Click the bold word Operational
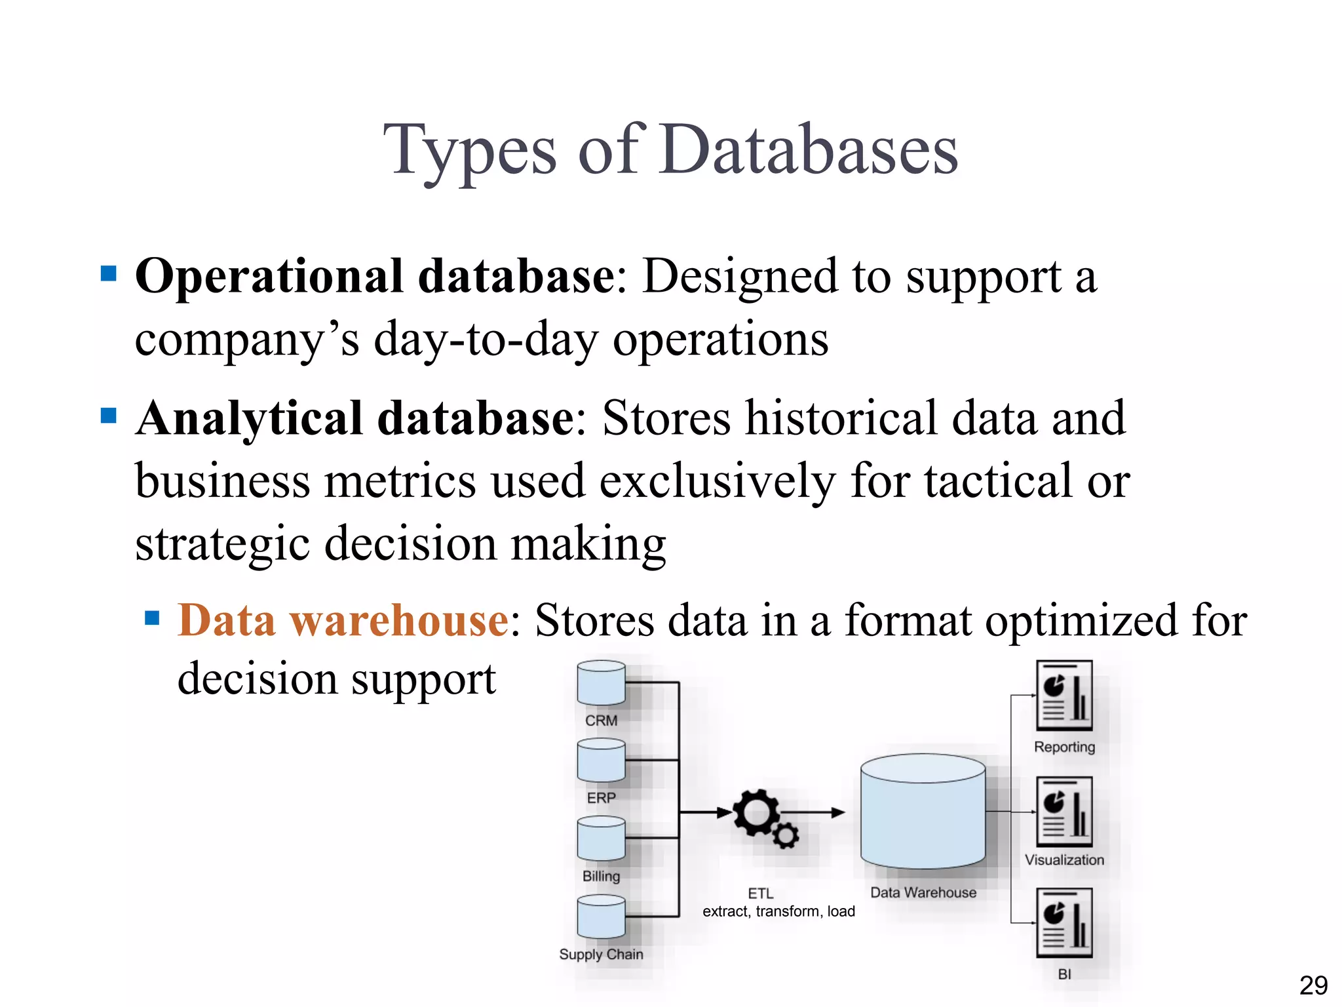tap(269, 277)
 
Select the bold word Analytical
tap(250, 418)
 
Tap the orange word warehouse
tap(399, 620)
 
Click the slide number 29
tap(1313, 985)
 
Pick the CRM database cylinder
tap(601, 683)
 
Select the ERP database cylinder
tap(601, 760)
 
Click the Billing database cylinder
tap(601, 839)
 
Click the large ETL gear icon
tap(756, 813)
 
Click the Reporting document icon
tap(1064, 696)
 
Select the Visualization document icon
tap(1064, 812)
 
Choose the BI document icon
tap(1064, 923)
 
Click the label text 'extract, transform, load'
tap(778, 911)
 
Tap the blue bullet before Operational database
tap(109, 273)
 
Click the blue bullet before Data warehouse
tap(152, 618)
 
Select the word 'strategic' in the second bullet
tap(222, 544)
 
